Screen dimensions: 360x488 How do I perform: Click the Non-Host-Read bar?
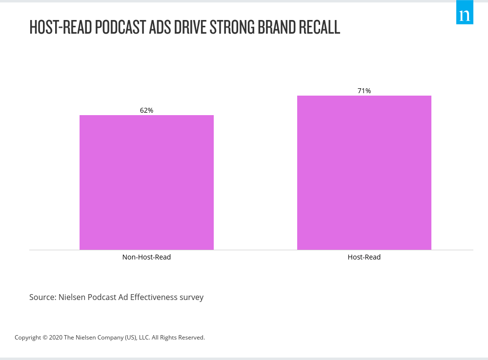(146, 182)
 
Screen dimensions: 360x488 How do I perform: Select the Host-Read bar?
(364, 173)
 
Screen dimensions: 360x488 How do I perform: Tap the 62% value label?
(146, 110)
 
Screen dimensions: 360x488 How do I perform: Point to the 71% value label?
(364, 91)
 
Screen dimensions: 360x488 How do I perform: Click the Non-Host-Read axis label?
(146, 257)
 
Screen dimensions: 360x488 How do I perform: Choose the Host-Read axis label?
(364, 257)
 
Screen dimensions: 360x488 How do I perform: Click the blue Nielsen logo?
(465, 13)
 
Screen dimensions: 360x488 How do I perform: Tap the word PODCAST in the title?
(116, 27)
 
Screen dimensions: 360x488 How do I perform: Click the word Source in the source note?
(42, 297)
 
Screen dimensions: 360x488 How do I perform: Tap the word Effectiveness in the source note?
(154, 297)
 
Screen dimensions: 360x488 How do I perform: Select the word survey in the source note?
(192, 297)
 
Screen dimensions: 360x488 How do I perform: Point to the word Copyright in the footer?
(27, 338)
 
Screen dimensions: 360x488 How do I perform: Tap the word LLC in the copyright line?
(144, 338)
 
